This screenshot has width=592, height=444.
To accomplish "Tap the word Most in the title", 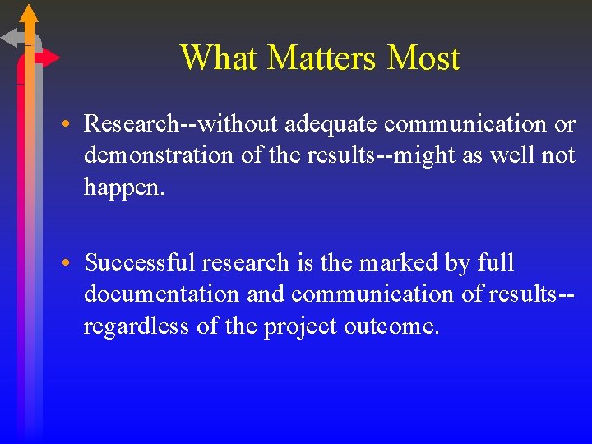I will click(x=423, y=58).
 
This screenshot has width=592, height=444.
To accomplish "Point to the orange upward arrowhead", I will click(x=29, y=14).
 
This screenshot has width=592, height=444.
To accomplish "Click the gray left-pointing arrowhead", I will click(x=11, y=37).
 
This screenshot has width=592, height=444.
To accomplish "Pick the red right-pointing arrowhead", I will click(x=50, y=58).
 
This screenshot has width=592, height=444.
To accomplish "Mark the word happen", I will click(x=123, y=187).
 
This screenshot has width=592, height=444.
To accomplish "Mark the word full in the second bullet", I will click(x=496, y=263).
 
